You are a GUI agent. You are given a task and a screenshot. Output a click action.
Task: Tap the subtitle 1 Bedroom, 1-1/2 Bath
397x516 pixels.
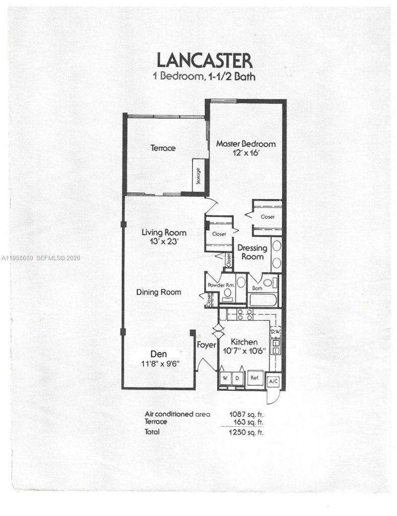[x=204, y=76]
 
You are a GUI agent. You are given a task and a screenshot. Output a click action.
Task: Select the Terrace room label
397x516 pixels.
[x=163, y=147]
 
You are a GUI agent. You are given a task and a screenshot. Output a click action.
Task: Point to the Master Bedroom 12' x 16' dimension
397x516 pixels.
[x=246, y=153]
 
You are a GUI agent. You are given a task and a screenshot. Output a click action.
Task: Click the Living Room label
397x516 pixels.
[x=164, y=232]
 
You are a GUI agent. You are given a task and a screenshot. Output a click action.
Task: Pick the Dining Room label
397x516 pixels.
[x=158, y=293]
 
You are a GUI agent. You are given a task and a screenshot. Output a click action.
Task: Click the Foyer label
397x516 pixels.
[x=205, y=344]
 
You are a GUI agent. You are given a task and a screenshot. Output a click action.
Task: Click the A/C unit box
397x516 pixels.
[x=273, y=381]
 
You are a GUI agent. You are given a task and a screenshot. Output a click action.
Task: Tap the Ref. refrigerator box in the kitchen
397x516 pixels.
[x=255, y=377]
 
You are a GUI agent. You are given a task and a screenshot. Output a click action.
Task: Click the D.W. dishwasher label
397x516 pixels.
[x=275, y=331]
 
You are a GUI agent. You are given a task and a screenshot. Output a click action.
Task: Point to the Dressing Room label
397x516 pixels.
[x=252, y=252]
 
